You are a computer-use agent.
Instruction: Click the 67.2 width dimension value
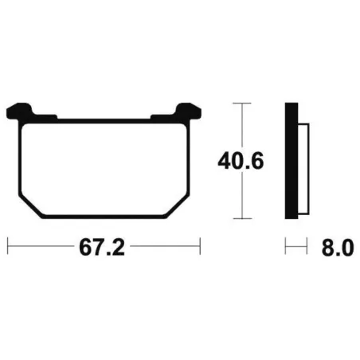point(102,248)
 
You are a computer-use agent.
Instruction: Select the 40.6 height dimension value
point(241,161)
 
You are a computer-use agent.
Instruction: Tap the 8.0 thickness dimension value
point(338,248)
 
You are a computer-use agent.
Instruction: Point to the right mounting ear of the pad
point(188,111)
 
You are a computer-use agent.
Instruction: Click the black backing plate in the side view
point(292,161)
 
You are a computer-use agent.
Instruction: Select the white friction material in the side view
point(303,169)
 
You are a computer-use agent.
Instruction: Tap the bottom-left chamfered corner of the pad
point(31,207)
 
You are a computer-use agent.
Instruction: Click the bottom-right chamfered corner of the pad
point(178,207)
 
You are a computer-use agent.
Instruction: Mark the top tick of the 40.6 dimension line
point(242,103)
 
